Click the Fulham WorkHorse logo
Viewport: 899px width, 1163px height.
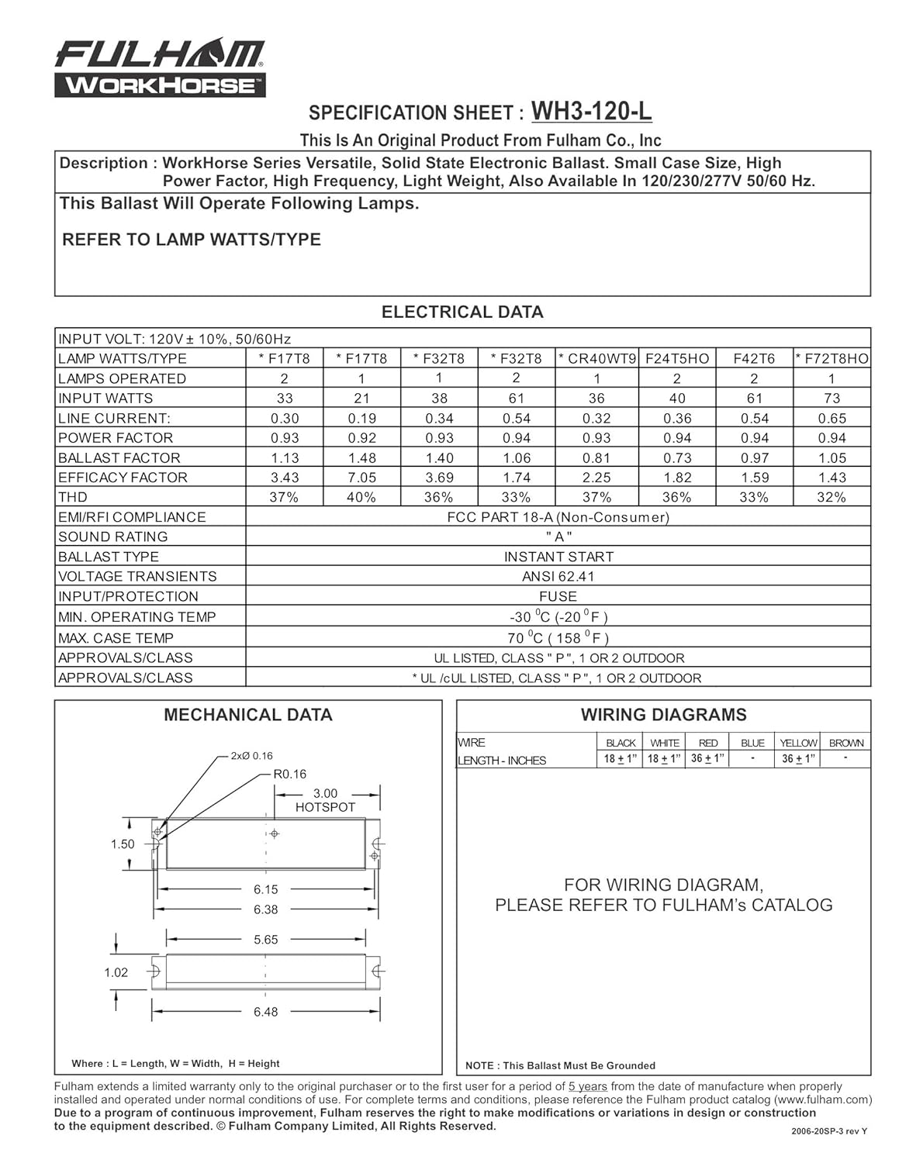pos(160,70)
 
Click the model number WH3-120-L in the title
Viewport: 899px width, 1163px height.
pos(591,112)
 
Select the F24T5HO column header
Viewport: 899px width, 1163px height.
pos(677,358)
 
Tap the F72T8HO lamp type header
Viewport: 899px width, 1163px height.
pos(832,358)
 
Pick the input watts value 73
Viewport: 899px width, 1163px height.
pos(832,399)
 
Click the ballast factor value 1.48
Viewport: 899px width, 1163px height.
pos(361,458)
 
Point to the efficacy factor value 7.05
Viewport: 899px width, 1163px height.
pos(361,478)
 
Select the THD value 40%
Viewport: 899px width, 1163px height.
pos(361,498)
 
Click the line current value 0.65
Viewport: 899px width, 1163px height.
pos(832,419)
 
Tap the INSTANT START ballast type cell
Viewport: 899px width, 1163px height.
pos(558,557)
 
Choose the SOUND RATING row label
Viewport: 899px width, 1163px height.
pos(113,537)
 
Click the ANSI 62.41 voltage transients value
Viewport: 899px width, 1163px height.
pos(558,577)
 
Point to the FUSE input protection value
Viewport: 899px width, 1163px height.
pos(558,596)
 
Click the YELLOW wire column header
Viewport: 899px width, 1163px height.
pos(798,743)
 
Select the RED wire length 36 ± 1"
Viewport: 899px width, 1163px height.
pos(708,759)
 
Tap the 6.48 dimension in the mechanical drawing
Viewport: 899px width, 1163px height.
pos(265,1012)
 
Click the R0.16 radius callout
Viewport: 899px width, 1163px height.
pos(290,774)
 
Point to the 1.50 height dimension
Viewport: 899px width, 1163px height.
pos(123,844)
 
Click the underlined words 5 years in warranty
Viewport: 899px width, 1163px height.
pos(588,1087)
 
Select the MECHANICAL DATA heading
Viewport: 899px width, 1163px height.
pos(248,715)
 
